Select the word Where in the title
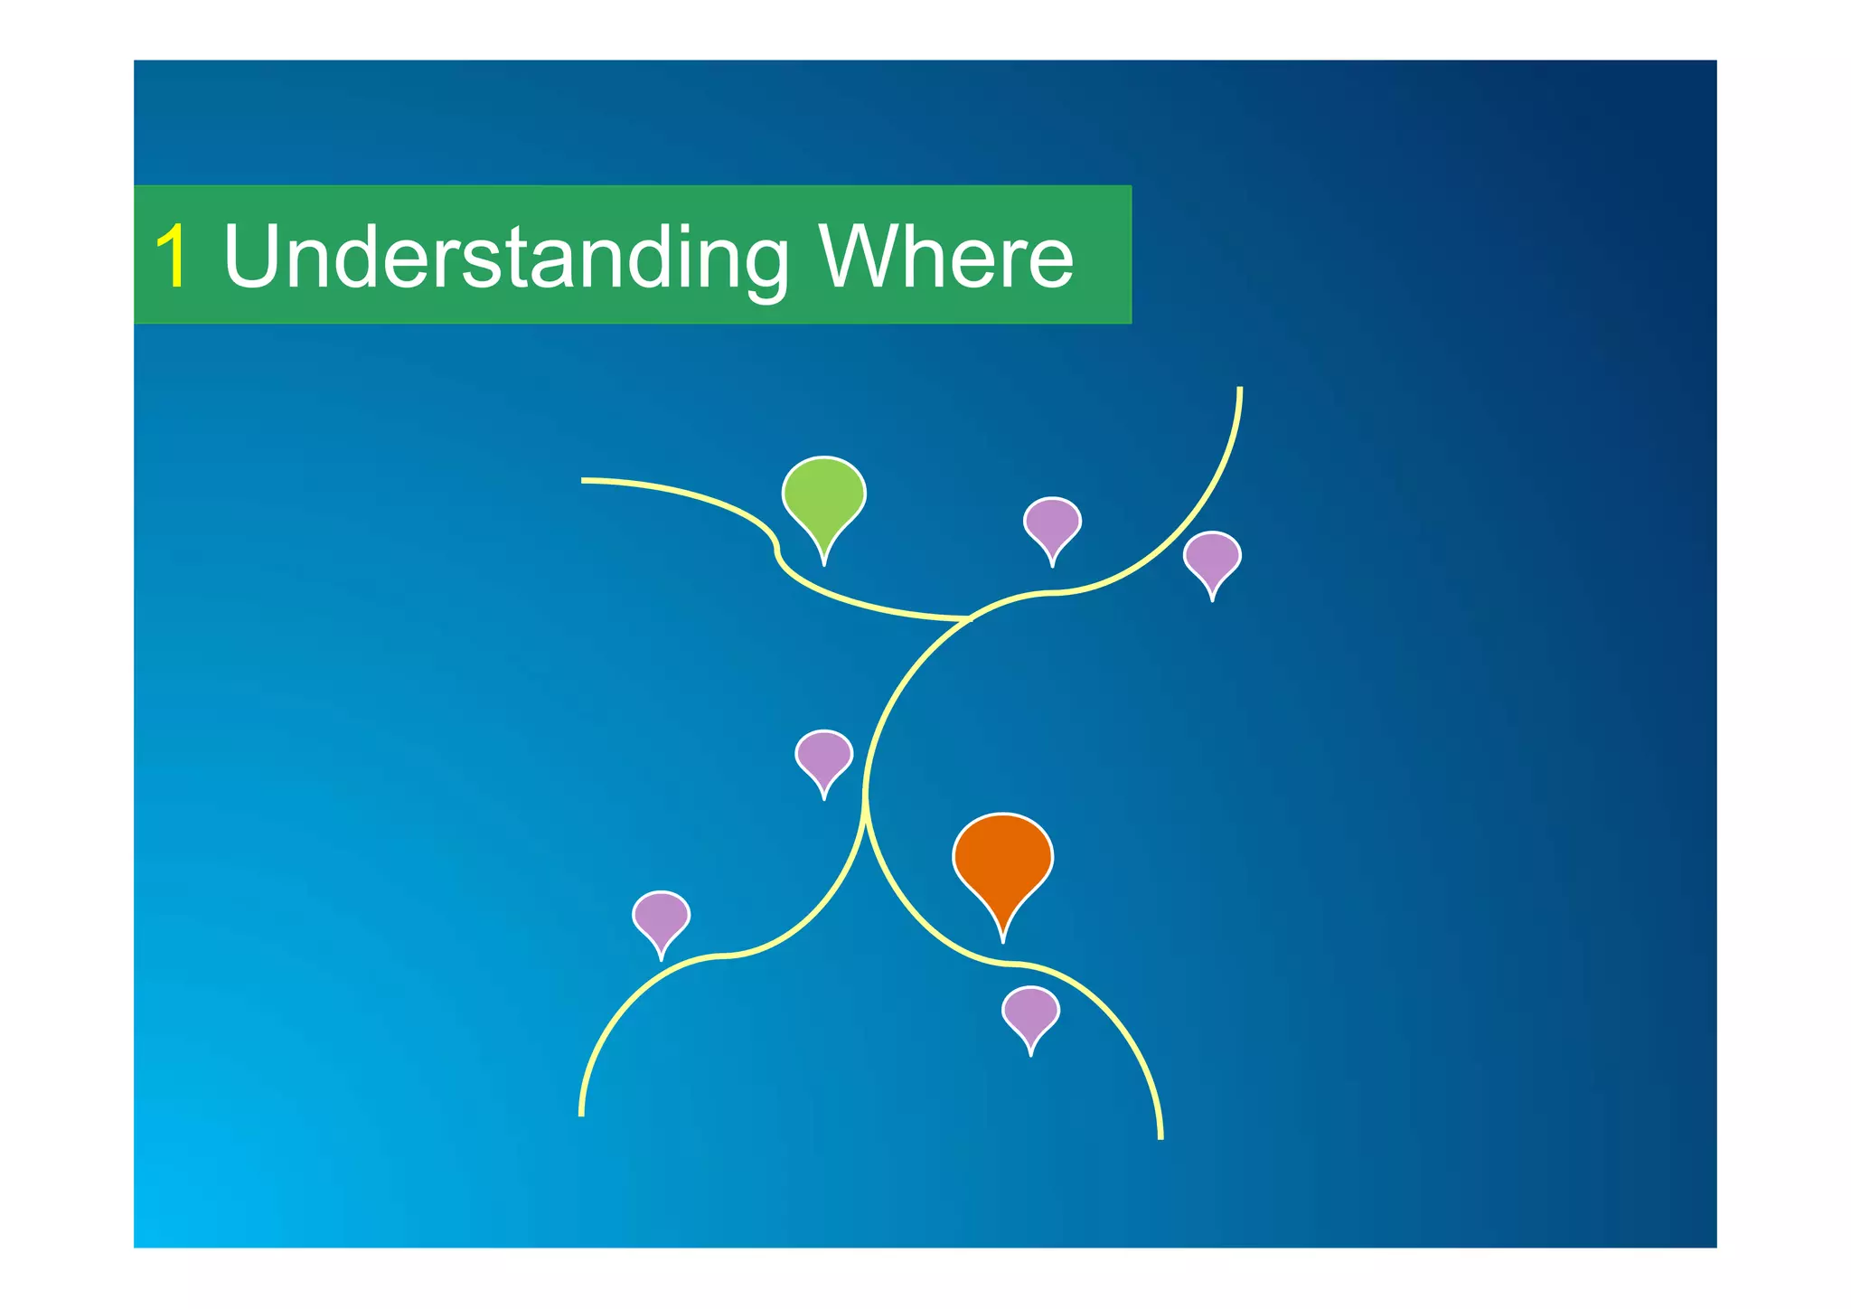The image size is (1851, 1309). pos(945,257)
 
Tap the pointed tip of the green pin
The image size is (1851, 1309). pos(823,563)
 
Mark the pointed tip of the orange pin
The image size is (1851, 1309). pos(1002,940)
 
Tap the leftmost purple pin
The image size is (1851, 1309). pos(661,917)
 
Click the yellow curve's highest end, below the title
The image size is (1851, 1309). pos(1239,389)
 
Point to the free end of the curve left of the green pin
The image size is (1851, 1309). pos(584,480)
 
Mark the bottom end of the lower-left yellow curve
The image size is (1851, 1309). pos(581,1113)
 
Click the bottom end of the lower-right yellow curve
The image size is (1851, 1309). pos(1160,1136)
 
